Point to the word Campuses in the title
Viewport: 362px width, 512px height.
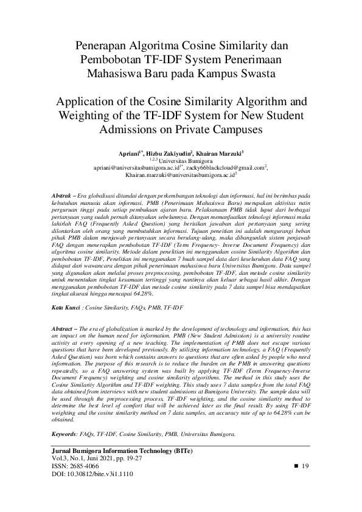(232, 130)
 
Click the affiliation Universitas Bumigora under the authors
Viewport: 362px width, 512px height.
(185, 161)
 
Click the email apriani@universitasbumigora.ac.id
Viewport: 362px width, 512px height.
(136, 167)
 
